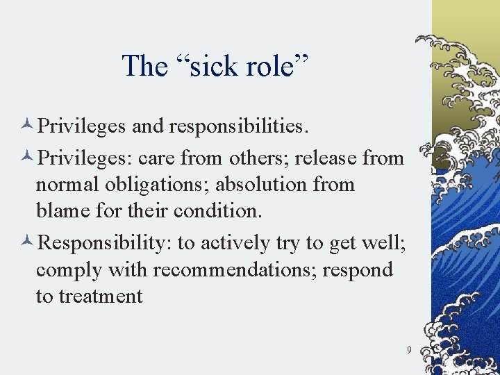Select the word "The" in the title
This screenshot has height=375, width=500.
(144, 66)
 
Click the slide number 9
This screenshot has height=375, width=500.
(409, 350)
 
